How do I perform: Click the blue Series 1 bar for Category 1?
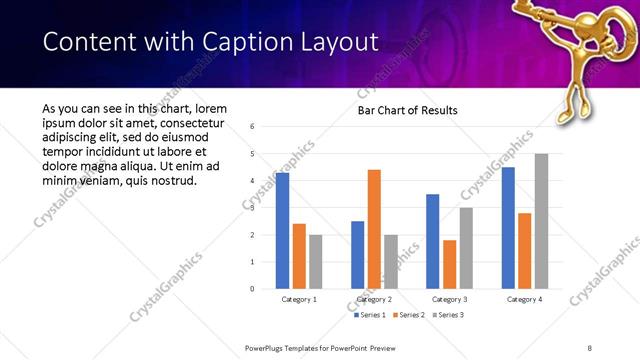point(282,230)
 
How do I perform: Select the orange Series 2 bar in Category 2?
point(374,229)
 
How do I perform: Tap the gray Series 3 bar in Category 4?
point(541,221)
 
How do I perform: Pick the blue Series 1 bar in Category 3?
point(433,241)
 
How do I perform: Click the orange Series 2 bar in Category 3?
point(449,264)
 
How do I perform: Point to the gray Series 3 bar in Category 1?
point(316,261)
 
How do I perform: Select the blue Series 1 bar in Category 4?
point(508,228)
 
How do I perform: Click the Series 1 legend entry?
point(372,315)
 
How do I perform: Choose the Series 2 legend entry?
point(408,315)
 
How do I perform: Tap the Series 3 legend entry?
point(444,315)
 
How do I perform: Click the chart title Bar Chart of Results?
point(407,110)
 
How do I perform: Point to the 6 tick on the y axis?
point(252,127)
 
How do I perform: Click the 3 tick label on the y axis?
point(252,208)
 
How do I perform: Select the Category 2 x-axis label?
point(374,299)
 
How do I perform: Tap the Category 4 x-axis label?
point(524,299)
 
